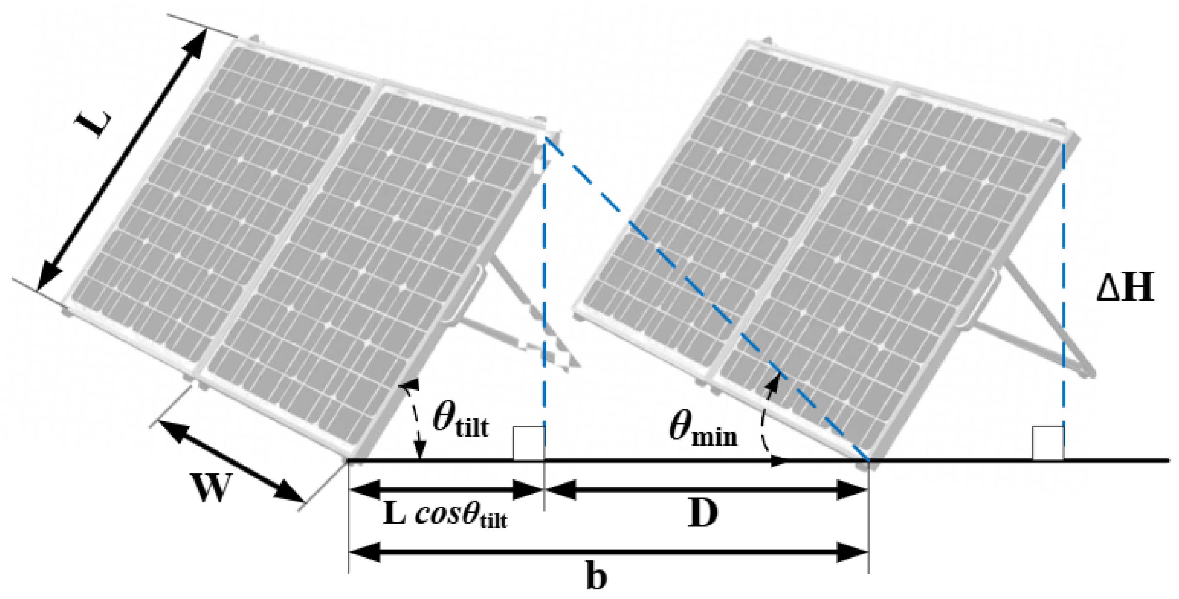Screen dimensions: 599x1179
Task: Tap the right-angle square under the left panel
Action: coord(529,443)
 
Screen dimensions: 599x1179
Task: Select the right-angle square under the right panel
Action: coord(1048,443)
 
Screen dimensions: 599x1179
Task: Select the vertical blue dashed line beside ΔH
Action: coord(1063,284)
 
